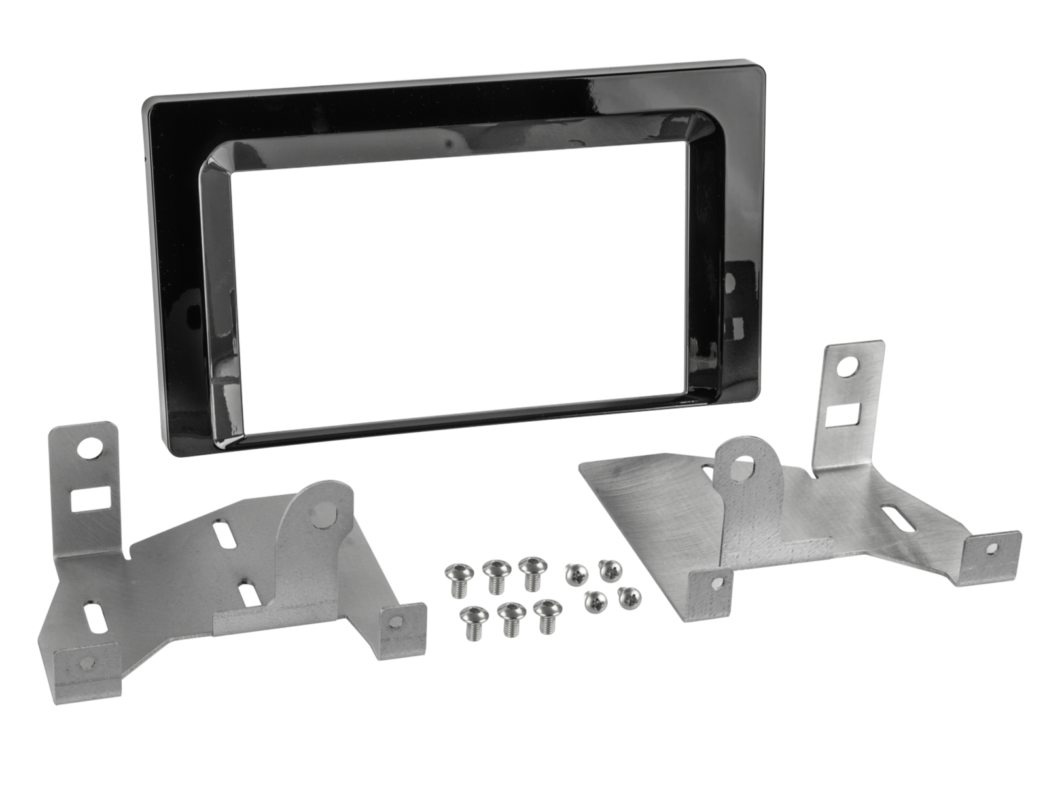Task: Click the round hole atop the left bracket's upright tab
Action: tap(87, 449)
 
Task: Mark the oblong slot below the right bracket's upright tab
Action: tap(897, 519)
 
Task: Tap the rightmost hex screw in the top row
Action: tap(531, 571)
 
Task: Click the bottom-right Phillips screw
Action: tap(629, 596)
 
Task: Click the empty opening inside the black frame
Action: tap(458, 282)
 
